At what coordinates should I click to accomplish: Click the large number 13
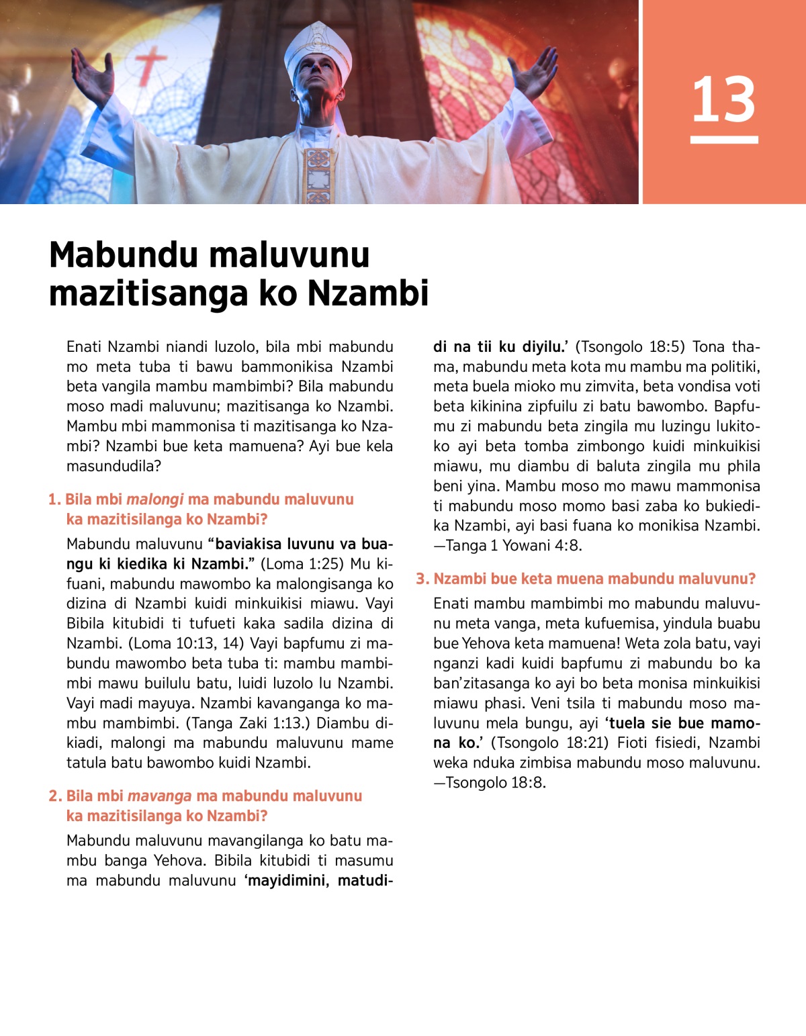[723, 99]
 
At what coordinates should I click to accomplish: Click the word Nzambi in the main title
[368, 293]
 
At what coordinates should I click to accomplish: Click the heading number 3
[422, 579]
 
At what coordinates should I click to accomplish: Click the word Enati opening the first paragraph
[84, 347]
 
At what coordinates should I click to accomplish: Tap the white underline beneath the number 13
[724, 140]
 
